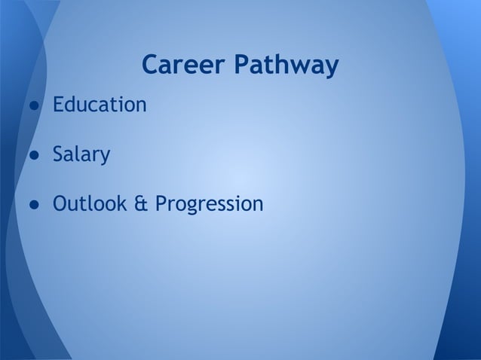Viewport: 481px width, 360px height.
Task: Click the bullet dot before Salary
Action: tap(35, 157)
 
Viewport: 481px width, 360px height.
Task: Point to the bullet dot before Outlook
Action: tap(35, 205)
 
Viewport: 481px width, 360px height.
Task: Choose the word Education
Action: tap(99, 105)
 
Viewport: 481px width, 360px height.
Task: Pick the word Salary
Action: tap(81, 157)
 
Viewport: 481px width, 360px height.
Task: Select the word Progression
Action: tap(209, 205)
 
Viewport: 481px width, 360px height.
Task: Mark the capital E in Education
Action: tap(57, 105)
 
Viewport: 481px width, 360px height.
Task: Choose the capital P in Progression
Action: tap(161, 204)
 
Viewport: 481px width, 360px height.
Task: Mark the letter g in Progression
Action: tap(194, 207)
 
